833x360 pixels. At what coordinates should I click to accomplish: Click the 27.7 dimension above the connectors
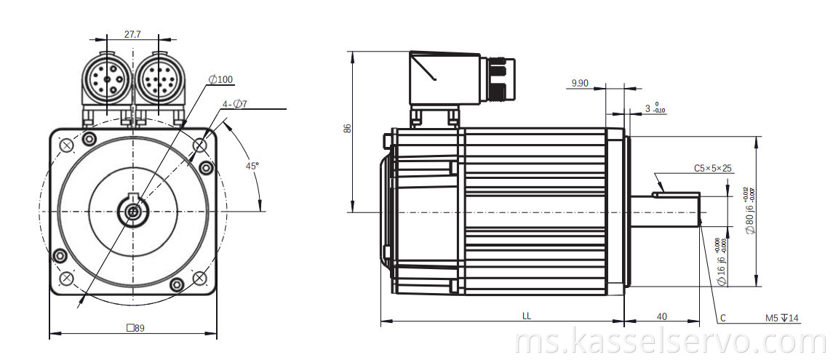[132, 33]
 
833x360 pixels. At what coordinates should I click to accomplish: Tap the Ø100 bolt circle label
[221, 79]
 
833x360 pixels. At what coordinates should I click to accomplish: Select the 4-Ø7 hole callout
[235, 104]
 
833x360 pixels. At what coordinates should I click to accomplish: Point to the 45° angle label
[252, 166]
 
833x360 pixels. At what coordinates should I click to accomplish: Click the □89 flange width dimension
[135, 328]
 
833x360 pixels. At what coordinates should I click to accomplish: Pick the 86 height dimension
[347, 128]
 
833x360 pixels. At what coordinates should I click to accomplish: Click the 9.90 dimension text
[580, 84]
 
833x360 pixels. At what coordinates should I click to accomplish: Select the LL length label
[526, 316]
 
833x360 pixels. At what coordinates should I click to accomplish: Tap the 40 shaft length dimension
[662, 316]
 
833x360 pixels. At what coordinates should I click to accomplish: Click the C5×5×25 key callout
[713, 169]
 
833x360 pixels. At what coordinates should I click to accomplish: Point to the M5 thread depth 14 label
[782, 318]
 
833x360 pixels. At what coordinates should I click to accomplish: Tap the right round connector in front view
[159, 79]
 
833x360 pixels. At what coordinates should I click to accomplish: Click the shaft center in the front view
[133, 212]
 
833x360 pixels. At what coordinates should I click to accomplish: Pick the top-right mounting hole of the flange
[200, 145]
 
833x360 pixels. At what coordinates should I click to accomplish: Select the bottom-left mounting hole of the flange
[66, 277]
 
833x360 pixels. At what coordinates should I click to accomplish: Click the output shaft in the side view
[663, 212]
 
